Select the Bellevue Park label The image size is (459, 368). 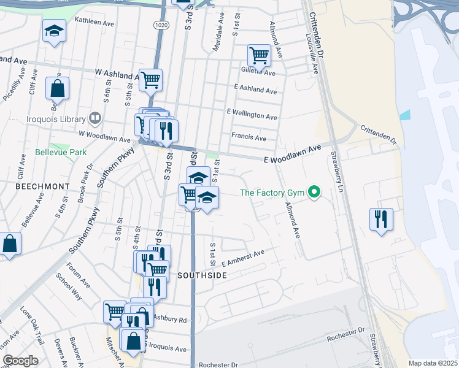click(60, 151)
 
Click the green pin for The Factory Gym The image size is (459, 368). click(315, 193)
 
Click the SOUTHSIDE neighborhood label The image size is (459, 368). click(202, 275)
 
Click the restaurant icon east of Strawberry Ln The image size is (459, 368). click(381, 218)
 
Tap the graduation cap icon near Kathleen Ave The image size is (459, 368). click(54, 31)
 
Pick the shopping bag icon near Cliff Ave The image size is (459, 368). click(57, 88)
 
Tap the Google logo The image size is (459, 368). click(20, 361)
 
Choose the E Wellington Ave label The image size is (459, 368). click(252, 113)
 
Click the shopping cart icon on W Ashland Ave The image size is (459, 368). click(150, 79)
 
